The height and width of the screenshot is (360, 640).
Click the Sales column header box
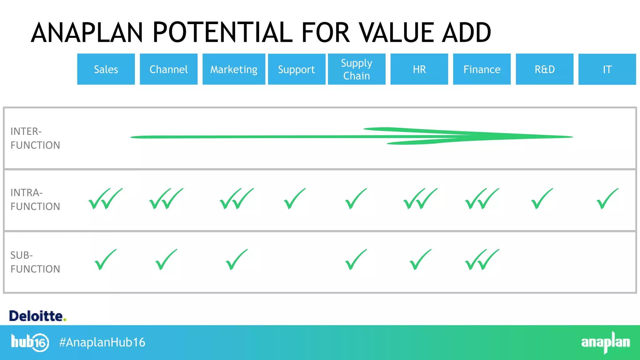coord(106,69)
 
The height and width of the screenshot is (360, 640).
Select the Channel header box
coord(168,69)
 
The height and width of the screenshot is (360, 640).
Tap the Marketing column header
coord(234,69)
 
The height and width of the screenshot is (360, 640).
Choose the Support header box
coord(297,69)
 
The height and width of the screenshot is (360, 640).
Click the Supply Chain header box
coord(357,69)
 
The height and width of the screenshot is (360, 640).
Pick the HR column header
coord(419,69)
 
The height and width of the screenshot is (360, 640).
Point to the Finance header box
coord(482,69)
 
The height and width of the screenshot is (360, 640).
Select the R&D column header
coord(544,69)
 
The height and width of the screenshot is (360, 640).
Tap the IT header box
coord(607,69)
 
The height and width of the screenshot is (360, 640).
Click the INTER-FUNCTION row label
coord(35,138)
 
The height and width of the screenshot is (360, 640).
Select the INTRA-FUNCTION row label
coord(35,199)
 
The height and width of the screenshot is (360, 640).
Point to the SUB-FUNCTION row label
coord(35,262)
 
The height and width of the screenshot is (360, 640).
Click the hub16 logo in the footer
coord(30,342)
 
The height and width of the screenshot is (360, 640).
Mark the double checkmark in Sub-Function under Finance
coord(482,260)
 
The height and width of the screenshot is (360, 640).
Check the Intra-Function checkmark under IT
coord(607,199)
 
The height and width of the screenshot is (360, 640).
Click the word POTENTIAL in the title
coord(222,32)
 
